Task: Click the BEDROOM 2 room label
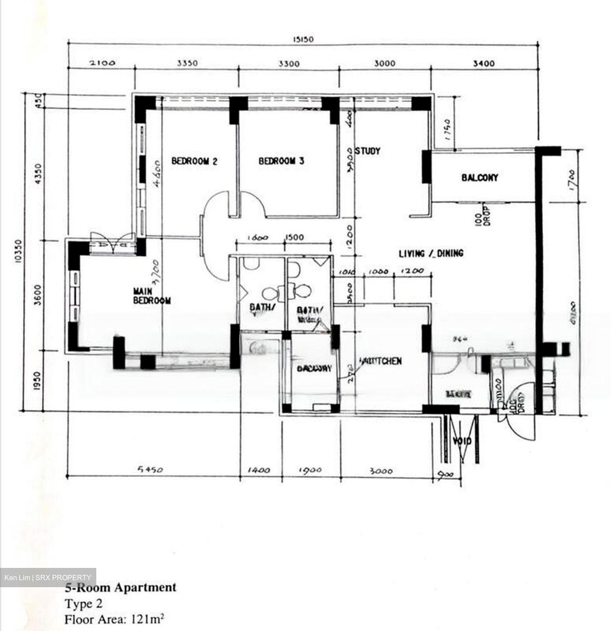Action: point(194,161)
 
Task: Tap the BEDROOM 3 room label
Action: point(281,161)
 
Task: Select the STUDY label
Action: point(368,151)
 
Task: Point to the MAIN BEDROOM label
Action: point(151,296)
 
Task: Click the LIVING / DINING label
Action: point(431,253)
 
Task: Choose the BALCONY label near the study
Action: point(480,177)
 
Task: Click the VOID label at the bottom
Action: point(462,441)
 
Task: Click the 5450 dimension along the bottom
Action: point(150,470)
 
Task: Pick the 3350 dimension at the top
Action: point(187,63)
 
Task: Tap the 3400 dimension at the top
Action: point(484,64)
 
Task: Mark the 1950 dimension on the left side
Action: point(36,381)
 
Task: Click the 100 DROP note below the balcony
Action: point(483,215)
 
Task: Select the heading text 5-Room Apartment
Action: point(120,587)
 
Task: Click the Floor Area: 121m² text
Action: point(114,620)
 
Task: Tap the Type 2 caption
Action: point(84,604)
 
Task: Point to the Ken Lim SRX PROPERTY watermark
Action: point(48,578)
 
